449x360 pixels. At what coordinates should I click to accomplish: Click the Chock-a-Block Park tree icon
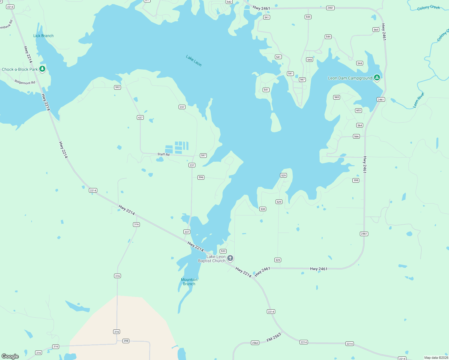pyautogui.click(x=42, y=69)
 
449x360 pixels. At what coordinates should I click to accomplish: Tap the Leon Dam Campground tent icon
pyautogui.click(x=377, y=78)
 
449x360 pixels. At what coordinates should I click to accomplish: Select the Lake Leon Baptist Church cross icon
pyautogui.click(x=230, y=258)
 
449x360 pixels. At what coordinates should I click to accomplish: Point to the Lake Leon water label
pyautogui.click(x=194, y=61)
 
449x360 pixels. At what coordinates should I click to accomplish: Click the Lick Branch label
pyautogui.click(x=43, y=36)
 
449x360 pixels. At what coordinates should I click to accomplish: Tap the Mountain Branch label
pyautogui.click(x=189, y=282)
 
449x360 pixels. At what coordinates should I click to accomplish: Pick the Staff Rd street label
pyautogui.click(x=164, y=154)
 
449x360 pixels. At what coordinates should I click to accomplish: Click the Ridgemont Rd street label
pyautogui.click(x=25, y=82)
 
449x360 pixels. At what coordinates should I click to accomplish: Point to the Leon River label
pyautogui.click(x=419, y=100)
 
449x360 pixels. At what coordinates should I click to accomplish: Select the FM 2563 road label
pyautogui.click(x=274, y=337)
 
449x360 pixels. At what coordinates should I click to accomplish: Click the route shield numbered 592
pyautogui.click(x=117, y=88)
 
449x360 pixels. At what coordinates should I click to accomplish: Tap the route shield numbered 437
pyautogui.click(x=140, y=117)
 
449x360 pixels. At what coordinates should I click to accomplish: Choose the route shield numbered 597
pyautogui.click(x=203, y=155)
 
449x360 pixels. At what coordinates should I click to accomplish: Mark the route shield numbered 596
pyautogui.click(x=201, y=177)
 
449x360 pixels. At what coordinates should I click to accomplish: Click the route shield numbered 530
pyautogui.click(x=263, y=209)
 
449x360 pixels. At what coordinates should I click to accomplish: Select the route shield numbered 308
pyautogui.click(x=356, y=180)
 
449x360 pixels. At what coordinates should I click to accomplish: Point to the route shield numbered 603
pyautogui.click(x=358, y=110)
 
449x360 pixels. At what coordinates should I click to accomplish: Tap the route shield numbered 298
pyautogui.click(x=126, y=341)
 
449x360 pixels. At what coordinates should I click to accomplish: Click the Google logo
pyautogui.click(x=10, y=356)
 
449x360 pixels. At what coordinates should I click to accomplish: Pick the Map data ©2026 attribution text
pyautogui.click(x=436, y=358)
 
